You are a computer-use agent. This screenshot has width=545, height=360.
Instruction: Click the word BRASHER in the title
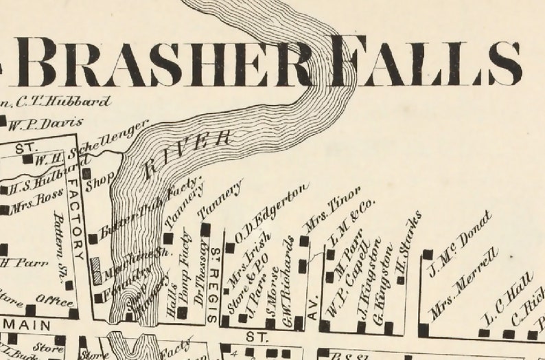pyautogui.click(x=165, y=63)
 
